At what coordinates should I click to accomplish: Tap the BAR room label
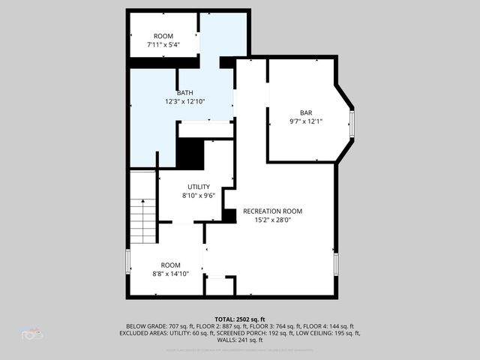306,112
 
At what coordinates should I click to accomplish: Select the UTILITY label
199,187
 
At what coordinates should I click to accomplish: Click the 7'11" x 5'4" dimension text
163,44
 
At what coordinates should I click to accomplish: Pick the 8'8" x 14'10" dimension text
170,274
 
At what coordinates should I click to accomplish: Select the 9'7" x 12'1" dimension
306,121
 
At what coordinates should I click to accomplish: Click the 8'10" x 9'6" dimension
199,196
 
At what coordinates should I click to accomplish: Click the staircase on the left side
142,217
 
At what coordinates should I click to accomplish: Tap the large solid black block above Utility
190,154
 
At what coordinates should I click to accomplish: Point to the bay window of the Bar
352,124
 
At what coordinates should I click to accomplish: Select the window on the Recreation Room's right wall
336,263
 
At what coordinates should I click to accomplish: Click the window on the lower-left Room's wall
128,262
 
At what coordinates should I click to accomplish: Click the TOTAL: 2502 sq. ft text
240,319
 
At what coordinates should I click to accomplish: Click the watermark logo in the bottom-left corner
33,334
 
